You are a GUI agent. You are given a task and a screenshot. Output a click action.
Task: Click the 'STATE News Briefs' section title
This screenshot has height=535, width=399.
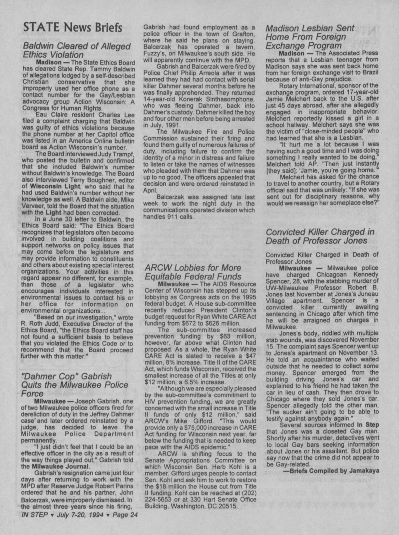(x=73, y=27)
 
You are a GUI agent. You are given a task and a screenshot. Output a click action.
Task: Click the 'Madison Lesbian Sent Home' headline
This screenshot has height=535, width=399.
(x=310, y=36)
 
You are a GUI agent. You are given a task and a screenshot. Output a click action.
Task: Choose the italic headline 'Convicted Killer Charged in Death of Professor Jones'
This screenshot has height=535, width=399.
(x=320, y=236)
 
